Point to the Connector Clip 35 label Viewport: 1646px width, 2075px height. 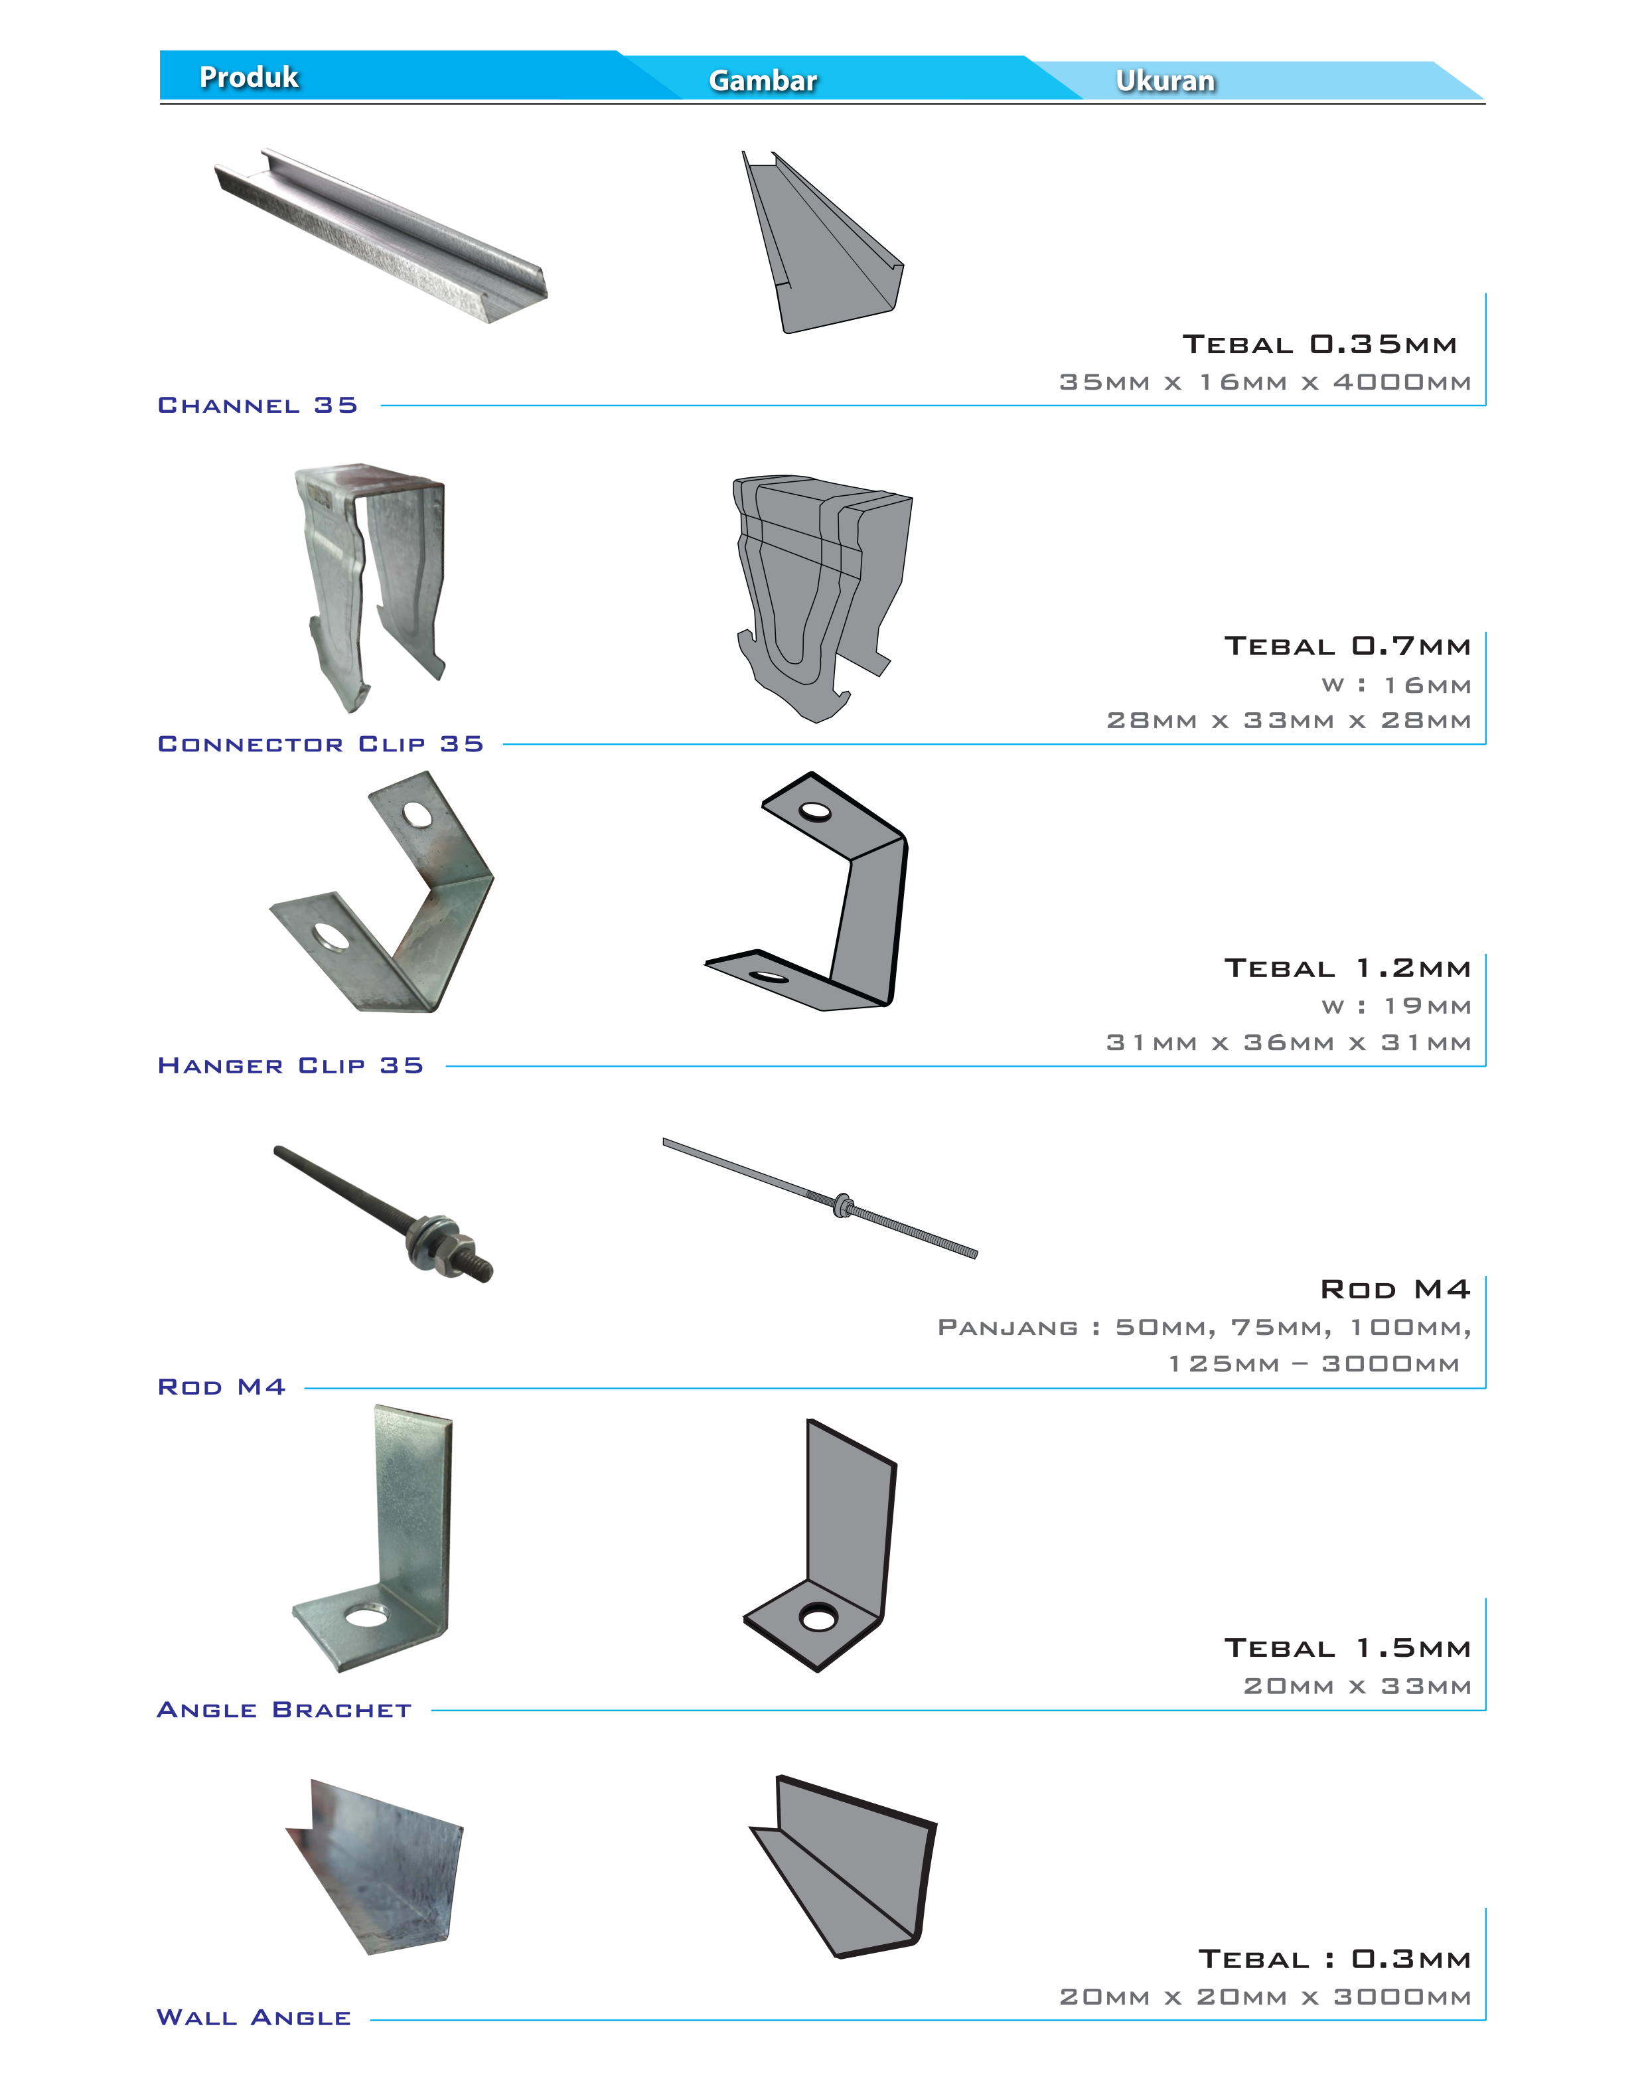coord(321,744)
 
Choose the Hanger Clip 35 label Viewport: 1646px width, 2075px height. coord(291,1065)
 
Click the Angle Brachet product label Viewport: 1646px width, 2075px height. coord(284,1710)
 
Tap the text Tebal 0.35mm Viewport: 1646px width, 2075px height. coord(1319,345)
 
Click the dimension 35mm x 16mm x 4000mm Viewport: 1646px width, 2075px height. coord(1265,382)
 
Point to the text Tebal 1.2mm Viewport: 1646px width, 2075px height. coord(1347,968)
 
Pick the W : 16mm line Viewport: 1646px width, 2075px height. coord(1396,685)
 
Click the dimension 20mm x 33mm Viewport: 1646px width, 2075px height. coord(1357,1686)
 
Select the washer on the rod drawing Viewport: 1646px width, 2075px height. coord(842,1205)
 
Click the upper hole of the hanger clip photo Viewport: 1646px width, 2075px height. coord(417,815)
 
